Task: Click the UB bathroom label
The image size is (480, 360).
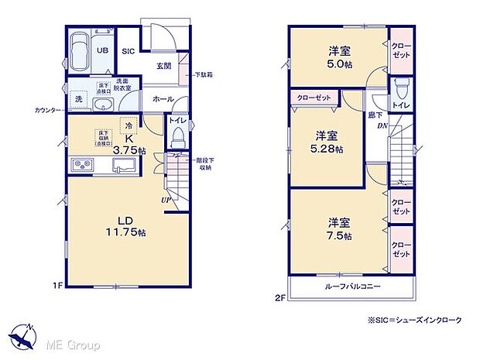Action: point(101,48)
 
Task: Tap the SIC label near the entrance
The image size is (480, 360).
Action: point(129,51)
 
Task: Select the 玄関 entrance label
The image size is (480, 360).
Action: point(163,67)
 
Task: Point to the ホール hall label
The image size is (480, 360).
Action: point(163,99)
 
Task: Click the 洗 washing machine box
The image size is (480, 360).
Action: point(78,100)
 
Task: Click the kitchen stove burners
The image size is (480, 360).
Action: point(84,165)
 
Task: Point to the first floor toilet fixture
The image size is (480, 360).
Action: point(177,138)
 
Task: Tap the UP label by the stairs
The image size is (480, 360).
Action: point(166,201)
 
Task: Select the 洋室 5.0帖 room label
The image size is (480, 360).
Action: point(338,57)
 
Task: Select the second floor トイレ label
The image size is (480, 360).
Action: point(401,105)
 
